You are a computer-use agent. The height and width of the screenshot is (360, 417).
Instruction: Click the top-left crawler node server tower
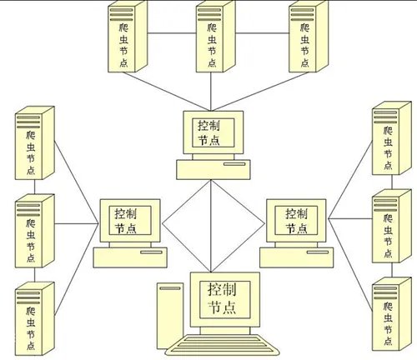[x=128, y=36]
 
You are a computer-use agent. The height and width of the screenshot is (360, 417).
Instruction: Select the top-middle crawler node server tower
[x=216, y=36]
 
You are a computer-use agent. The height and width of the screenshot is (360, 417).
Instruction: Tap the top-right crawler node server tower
[x=309, y=36]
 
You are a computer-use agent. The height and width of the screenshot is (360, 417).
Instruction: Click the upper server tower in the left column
[x=35, y=142]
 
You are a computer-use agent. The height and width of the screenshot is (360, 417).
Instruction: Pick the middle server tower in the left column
[x=35, y=231]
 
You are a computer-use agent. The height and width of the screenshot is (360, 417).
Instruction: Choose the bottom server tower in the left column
[x=35, y=318]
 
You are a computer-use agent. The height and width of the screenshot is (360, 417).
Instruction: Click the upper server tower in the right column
[x=392, y=138]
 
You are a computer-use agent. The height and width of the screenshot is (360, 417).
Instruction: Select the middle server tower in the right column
[x=392, y=226]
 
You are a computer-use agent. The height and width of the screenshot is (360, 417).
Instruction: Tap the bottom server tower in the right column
[x=392, y=314]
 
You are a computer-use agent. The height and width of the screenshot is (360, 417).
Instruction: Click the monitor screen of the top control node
[x=214, y=132]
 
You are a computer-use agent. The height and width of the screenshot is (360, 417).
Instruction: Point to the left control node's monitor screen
[x=130, y=220]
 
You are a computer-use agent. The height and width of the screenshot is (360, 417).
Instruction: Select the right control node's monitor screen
[x=296, y=220]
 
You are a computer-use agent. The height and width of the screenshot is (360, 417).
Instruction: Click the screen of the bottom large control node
[x=225, y=299]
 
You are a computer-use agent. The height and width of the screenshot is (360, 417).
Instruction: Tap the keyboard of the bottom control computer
[x=223, y=345]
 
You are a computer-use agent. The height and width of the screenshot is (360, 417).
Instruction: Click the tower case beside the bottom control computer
[x=170, y=316]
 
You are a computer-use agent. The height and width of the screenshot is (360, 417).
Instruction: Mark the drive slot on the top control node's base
[x=234, y=164]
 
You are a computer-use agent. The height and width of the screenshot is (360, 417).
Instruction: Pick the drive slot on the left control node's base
[x=151, y=252]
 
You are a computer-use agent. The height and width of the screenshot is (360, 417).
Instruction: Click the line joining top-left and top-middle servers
[x=172, y=33]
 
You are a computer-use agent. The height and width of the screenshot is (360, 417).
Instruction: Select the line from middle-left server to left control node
[x=77, y=223]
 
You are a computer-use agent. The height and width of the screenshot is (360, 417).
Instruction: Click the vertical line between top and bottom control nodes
[x=211, y=226]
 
